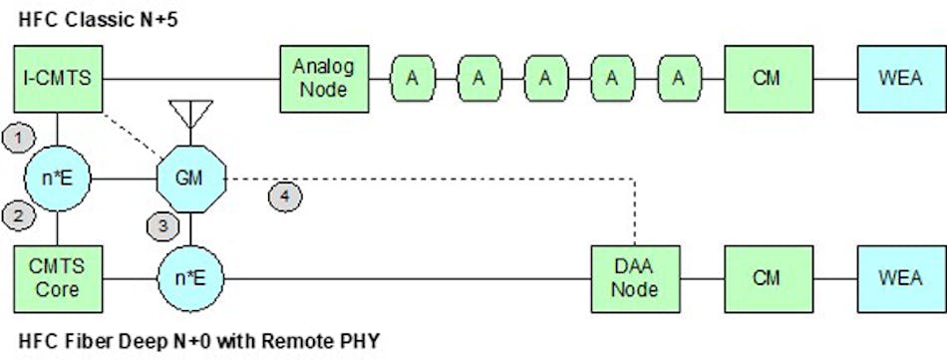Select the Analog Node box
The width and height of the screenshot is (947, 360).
(319, 77)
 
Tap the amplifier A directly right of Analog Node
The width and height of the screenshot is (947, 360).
(411, 77)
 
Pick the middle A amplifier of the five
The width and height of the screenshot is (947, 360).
(544, 77)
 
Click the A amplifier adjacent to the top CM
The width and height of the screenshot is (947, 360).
(678, 77)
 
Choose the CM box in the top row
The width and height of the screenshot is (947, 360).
(766, 77)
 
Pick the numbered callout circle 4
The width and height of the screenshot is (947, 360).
(285, 195)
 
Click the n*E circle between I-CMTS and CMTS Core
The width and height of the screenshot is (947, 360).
(59, 180)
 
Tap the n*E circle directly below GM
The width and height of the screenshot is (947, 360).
(191, 277)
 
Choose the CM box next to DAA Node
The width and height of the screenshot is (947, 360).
(766, 277)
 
